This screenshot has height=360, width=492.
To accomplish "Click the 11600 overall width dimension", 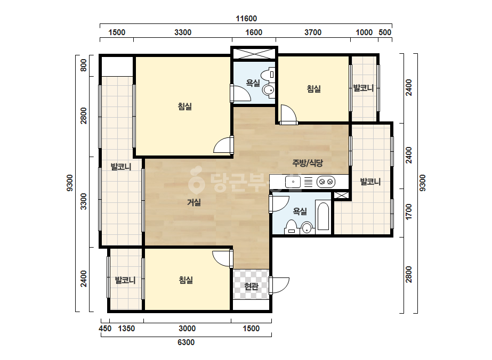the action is point(246,19).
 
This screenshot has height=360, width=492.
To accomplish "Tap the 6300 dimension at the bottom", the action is point(186,342).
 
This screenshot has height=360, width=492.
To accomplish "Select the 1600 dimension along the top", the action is point(254,32).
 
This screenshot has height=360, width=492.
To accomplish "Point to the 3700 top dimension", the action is point(313,32).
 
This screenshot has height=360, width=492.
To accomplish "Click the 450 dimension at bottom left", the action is point(105,329).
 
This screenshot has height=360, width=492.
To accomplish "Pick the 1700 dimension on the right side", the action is point(408,211).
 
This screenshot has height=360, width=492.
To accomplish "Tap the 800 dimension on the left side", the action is point(84,66).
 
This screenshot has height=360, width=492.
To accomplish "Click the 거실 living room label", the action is point(194,202).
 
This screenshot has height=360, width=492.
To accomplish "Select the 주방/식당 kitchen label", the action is point(308,163).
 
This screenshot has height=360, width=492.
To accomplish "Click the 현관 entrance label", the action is point(252,287).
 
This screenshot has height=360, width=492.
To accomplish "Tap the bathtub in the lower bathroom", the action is point(323,217).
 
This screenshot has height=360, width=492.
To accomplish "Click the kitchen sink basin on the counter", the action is point(293,182).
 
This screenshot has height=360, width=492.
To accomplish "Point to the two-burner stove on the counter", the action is point(326,182).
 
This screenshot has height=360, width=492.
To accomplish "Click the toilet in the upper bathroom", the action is point(269,75).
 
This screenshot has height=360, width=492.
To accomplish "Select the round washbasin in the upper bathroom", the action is point(269,91).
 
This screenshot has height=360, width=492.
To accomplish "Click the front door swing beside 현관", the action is point(279,285).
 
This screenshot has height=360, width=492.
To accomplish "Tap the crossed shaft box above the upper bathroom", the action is point(254,53).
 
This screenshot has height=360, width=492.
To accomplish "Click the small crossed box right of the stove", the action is point(341,195).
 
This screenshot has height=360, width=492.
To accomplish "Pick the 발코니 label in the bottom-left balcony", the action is point(125,280).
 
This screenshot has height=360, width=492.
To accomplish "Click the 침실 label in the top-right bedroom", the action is point(314,89).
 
